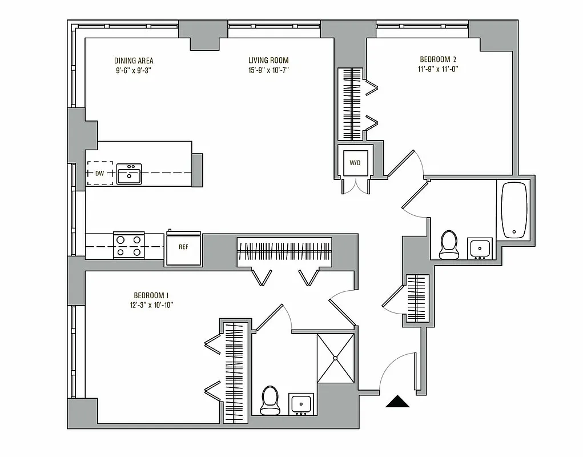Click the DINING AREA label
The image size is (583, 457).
click(134, 61)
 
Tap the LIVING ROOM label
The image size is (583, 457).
click(268, 61)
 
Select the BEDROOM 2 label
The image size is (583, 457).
click(438, 59)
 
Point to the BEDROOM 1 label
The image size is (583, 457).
click(151, 295)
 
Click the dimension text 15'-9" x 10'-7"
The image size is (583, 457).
click(268, 70)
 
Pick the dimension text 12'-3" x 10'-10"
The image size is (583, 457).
click(151, 305)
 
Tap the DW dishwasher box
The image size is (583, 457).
click(99, 173)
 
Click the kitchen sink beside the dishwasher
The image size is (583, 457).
click(129, 174)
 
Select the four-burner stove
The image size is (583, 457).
click(129, 245)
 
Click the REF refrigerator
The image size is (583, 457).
click(183, 248)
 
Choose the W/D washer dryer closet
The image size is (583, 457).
click(355, 163)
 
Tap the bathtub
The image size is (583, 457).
click(514, 210)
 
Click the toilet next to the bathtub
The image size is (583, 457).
click(449, 244)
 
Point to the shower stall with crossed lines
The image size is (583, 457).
click(336, 358)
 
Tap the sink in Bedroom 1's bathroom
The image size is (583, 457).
click(300, 404)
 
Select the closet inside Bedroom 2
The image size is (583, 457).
click(349, 104)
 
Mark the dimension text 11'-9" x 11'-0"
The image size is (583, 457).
click(438, 69)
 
